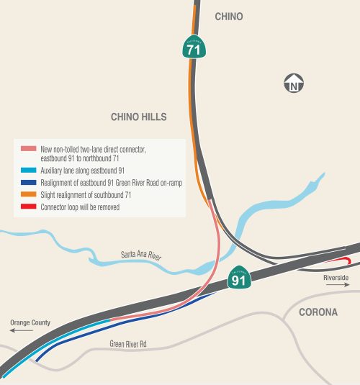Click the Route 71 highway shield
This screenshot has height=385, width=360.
pyautogui.click(x=194, y=47)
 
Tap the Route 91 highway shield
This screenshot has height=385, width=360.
pyautogui.click(x=240, y=278)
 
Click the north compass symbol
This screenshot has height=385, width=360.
pyautogui.click(x=293, y=83)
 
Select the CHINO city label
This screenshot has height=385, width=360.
pyautogui.click(x=229, y=17)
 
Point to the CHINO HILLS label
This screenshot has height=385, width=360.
pyautogui.click(x=139, y=117)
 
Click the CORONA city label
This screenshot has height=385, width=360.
pyautogui.click(x=318, y=312)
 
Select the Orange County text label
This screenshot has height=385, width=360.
pyautogui.click(x=30, y=322)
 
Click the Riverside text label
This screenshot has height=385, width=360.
pyautogui.click(x=336, y=278)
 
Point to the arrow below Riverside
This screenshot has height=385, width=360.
pyautogui.click(x=337, y=286)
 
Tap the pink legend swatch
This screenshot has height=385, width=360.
pyautogui.click(x=27, y=148)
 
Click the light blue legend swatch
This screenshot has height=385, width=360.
pyautogui.click(x=27, y=171)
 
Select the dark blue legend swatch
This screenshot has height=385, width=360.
pyautogui.click(x=27, y=183)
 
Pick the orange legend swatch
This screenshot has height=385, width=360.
pyautogui.click(x=27, y=195)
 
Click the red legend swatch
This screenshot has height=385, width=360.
pyautogui.click(x=27, y=207)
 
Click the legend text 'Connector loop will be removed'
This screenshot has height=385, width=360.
pyautogui.click(x=79, y=207)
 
